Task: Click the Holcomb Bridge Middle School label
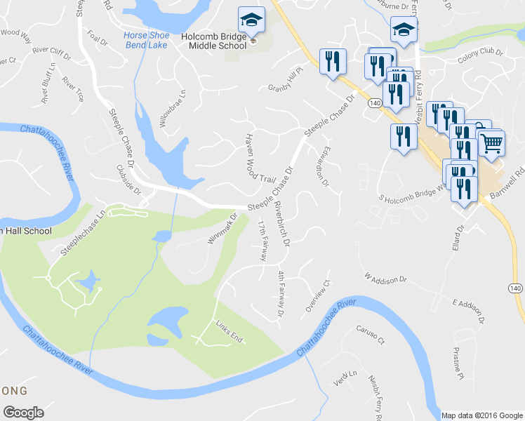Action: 218,40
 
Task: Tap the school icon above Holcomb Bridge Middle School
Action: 251,21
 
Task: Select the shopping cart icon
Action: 491,143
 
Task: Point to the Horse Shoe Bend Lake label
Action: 146,40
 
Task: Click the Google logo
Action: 23,412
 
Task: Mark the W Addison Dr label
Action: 385,280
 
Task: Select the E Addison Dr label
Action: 470,312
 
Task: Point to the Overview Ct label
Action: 317,296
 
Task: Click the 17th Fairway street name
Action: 262,241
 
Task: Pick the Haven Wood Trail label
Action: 258,159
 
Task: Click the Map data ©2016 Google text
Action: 481,415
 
